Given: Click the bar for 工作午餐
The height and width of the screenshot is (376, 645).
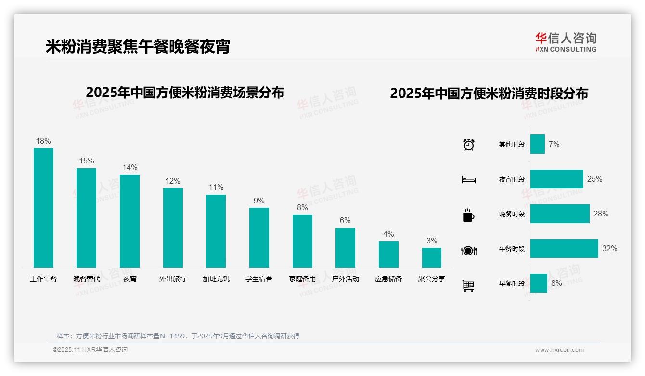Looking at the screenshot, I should (x=43, y=207).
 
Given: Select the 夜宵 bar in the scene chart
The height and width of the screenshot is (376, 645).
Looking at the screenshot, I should (x=129, y=221).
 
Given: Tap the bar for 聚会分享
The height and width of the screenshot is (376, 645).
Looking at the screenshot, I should (x=431, y=257).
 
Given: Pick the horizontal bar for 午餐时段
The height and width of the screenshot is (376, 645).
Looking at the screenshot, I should (x=564, y=249).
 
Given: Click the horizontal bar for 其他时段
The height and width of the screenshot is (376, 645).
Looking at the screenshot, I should (x=537, y=144).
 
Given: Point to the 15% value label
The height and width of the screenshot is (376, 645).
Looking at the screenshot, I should (x=87, y=161).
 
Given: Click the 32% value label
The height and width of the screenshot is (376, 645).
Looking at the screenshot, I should (x=609, y=249).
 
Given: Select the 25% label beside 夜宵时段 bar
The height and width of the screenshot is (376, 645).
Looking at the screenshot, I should (x=594, y=179).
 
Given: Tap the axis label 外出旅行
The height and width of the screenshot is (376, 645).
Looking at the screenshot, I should (x=172, y=279).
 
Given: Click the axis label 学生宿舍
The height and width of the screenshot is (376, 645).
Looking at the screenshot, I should (x=259, y=279).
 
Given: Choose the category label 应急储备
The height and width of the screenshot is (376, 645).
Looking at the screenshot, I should (x=388, y=279).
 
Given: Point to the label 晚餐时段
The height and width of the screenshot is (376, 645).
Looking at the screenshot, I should (x=512, y=214).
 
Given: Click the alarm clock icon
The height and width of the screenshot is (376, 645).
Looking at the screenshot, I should (x=468, y=145).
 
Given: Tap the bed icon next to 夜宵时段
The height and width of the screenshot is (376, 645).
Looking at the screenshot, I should (x=468, y=180).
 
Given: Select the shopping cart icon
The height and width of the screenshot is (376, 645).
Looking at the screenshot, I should (x=468, y=286).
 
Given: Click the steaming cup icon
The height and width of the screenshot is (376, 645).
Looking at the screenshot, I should (x=468, y=215).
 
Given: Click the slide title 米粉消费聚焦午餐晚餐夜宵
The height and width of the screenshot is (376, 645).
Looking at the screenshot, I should (x=138, y=46).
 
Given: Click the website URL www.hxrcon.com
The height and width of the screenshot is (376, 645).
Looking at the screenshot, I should (x=559, y=350).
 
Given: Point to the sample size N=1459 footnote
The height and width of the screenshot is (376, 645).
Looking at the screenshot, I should (x=178, y=336).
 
